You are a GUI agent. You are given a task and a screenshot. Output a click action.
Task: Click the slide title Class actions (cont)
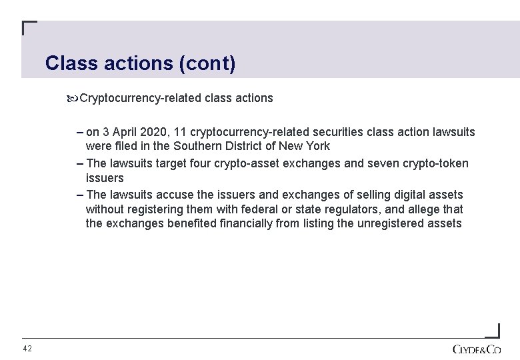[x=140, y=63]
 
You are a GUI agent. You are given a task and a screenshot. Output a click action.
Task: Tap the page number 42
[x=27, y=349]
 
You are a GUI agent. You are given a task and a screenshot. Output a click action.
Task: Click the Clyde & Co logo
[x=476, y=349]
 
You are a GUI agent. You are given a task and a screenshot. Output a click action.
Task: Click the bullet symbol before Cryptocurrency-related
[x=73, y=99]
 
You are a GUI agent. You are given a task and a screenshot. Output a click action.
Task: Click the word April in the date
[x=129, y=132]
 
